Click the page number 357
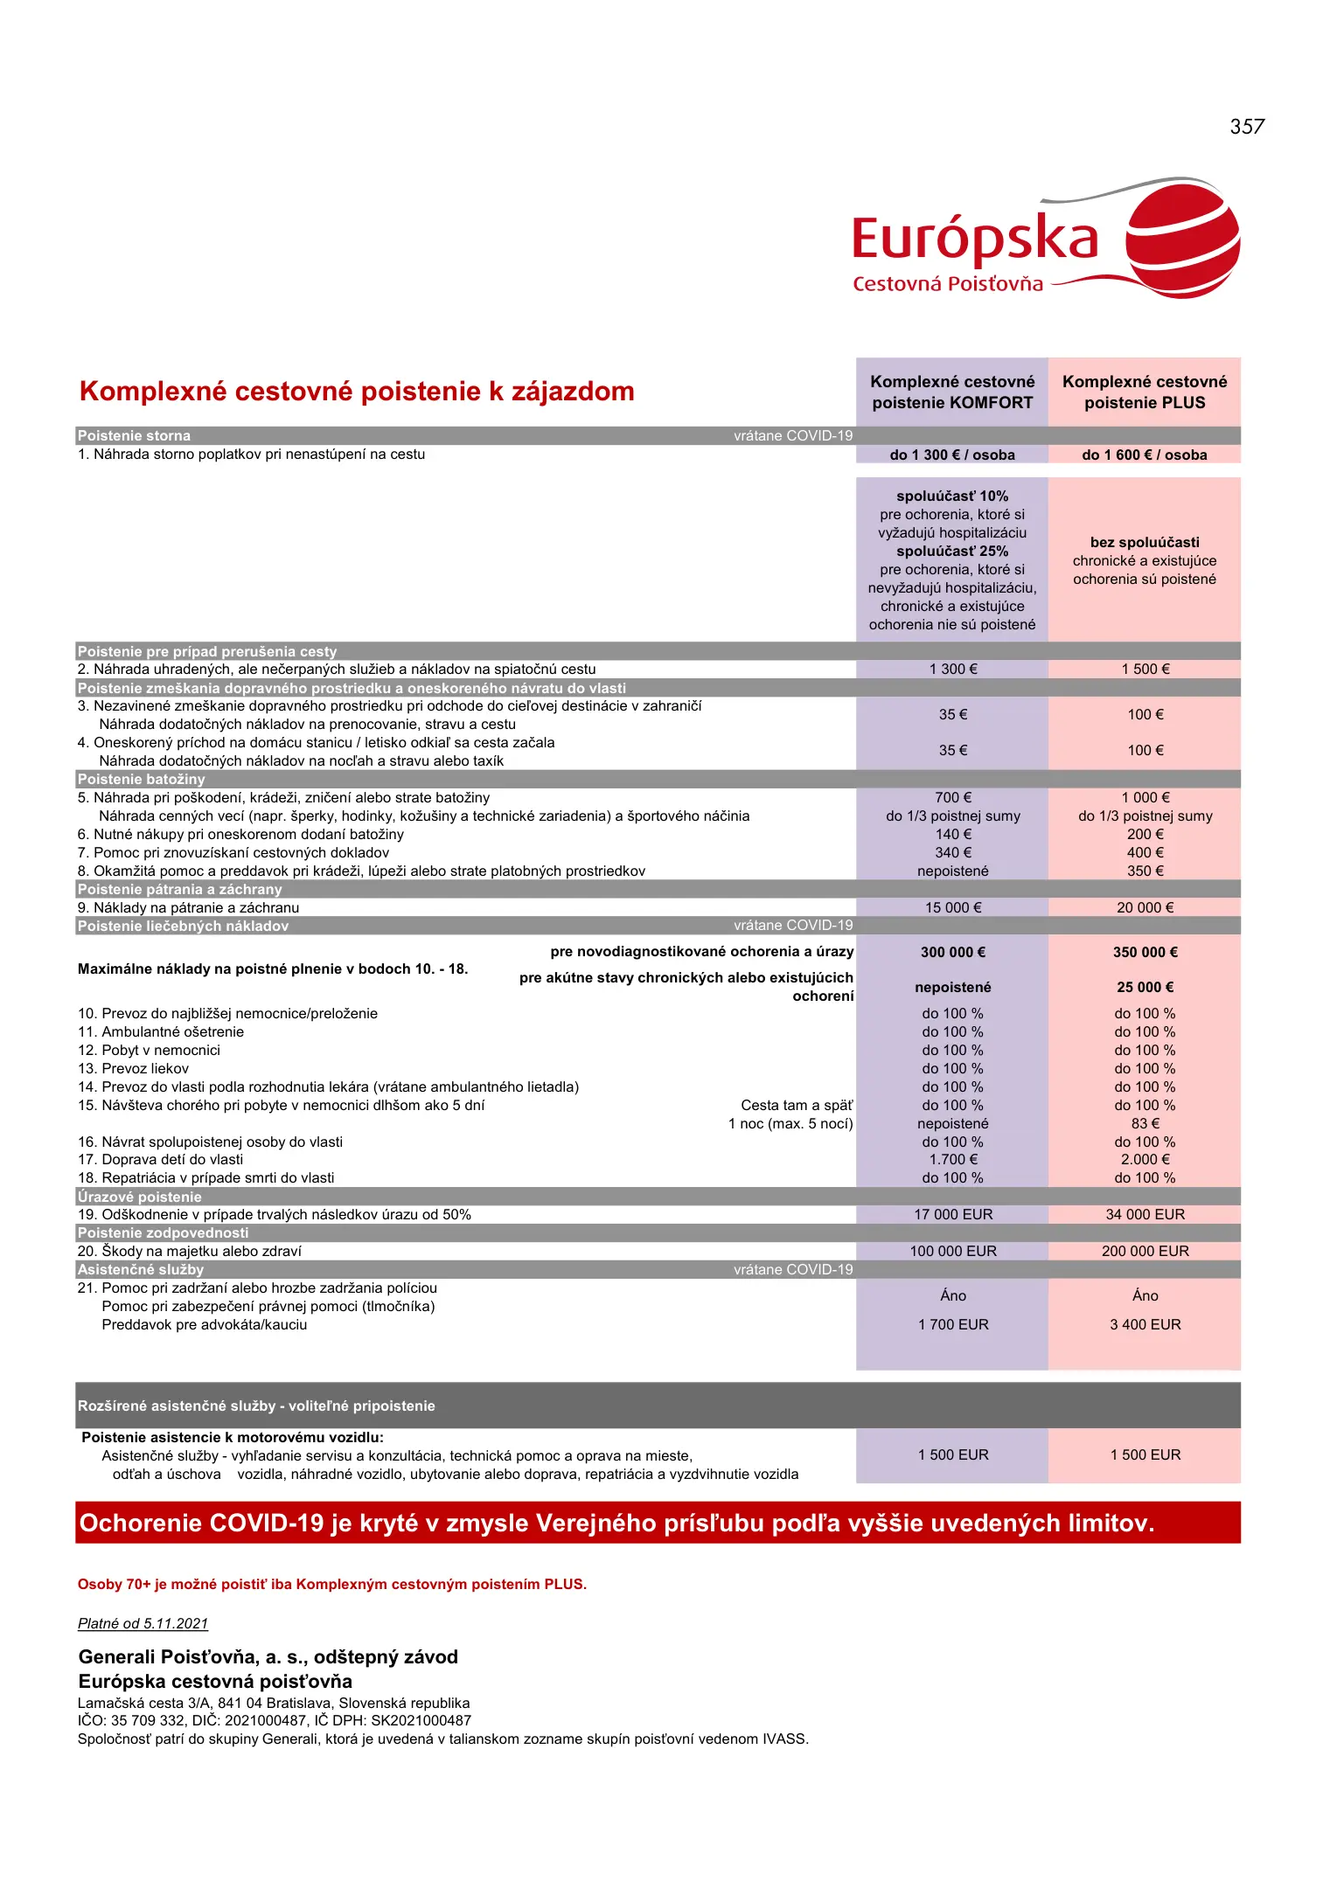pos(1246,127)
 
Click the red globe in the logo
pos(1182,238)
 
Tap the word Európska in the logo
pos(974,239)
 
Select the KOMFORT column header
pos(952,392)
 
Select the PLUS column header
pos(1145,392)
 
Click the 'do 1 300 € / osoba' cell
pos(952,455)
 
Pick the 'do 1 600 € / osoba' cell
pos(1144,455)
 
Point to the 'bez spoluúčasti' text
pos(1145,542)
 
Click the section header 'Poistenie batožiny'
pos(142,779)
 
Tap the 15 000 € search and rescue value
pos(953,907)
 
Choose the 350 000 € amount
pos(1145,952)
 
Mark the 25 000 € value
pos(1145,987)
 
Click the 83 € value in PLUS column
pos(1145,1123)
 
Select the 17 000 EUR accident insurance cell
pos(953,1214)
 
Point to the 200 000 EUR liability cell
pos(1145,1251)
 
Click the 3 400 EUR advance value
pos(1145,1324)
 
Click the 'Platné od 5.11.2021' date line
pos(143,1623)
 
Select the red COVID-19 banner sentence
pos(616,1523)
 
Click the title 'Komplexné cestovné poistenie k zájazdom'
pos(357,392)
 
